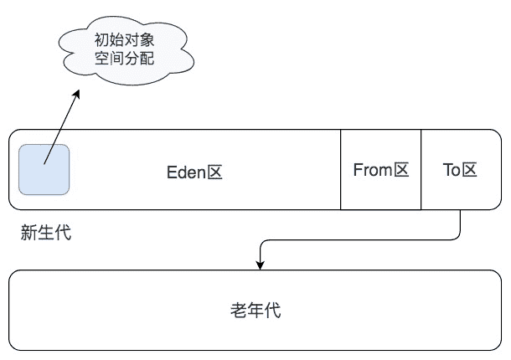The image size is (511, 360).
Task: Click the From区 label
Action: click(380, 170)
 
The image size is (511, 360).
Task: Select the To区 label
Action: click(460, 170)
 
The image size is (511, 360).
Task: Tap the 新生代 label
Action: click(46, 234)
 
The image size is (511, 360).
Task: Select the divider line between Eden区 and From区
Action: click(341, 169)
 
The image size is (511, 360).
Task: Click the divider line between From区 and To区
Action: click(421, 169)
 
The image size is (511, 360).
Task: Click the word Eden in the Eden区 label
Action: click(186, 172)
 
